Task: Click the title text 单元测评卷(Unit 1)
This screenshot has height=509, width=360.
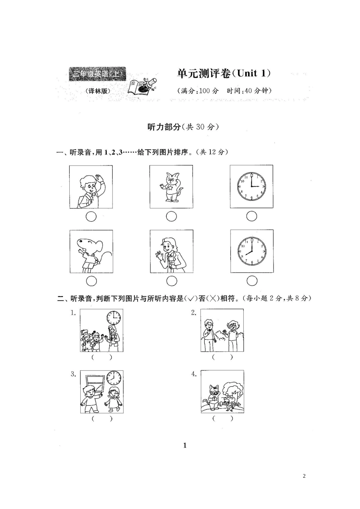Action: (x=224, y=73)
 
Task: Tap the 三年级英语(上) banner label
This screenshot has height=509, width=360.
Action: (x=97, y=74)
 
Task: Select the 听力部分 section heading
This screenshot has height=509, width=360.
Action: (x=183, y=127)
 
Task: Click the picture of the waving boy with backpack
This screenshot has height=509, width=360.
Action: (x=91, y=187)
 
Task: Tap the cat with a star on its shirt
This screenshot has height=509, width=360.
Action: (x=171, y=187)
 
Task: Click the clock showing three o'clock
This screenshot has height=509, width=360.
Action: (x=252, y=186)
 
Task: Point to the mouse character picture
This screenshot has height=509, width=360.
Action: (x=91, y=251)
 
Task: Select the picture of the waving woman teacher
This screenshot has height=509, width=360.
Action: (x=171, y=251)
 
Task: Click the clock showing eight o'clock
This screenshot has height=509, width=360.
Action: (x=252, y=251)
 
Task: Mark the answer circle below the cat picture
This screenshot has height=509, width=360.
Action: (x=172, y=216)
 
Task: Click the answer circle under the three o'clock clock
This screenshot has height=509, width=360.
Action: (x=252, y=216)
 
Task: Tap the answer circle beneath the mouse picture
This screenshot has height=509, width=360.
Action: (x=91, y=281)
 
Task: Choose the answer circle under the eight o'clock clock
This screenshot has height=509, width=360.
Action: (x=252, y=281)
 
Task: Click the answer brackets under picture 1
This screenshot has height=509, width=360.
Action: (x=102, y=357)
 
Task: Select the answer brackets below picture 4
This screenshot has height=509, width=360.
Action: (x=222, y=418)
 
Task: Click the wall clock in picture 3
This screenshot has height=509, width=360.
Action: (x=114, y=378)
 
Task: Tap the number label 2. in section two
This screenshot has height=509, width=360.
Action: (x=193, y=312)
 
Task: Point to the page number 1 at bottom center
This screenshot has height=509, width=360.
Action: (x=185, y=445)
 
